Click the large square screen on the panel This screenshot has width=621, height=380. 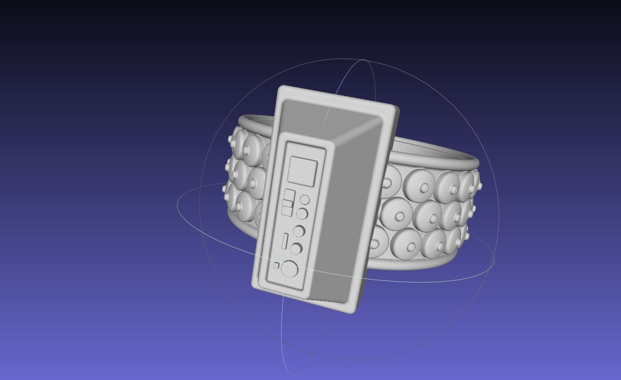(302, 172)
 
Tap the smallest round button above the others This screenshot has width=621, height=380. (305, 200)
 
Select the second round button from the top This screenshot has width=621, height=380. (302, 214)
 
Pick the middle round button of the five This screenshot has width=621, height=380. (299, 231)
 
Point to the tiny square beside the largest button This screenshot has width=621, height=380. (276, 265)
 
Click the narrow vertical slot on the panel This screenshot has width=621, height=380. (285, 241)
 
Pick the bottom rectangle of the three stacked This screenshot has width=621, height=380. (287, 211)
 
